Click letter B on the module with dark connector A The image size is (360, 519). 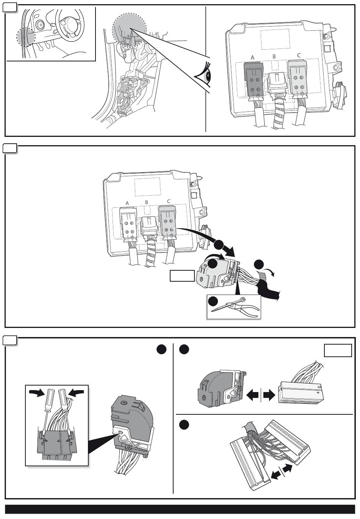[275, 56]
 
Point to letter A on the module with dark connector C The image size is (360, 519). [127, 203]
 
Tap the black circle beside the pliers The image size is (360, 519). [213, 301]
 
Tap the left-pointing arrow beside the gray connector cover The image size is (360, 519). [253, 395]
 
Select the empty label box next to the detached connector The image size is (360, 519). [182, 276]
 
